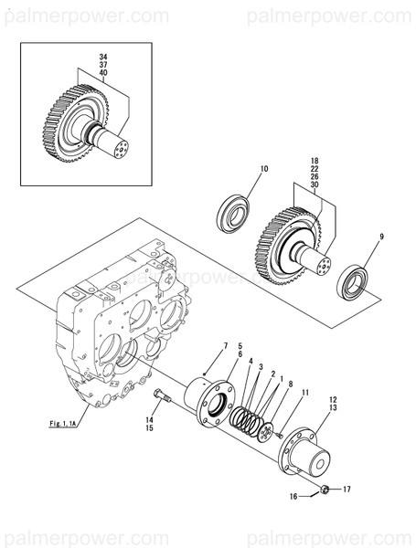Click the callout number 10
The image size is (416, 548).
click(264, 169)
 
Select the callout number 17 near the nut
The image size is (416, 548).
click(346, 490)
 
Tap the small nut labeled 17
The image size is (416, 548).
click(325, 490)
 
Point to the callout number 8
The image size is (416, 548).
click(290, 385)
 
